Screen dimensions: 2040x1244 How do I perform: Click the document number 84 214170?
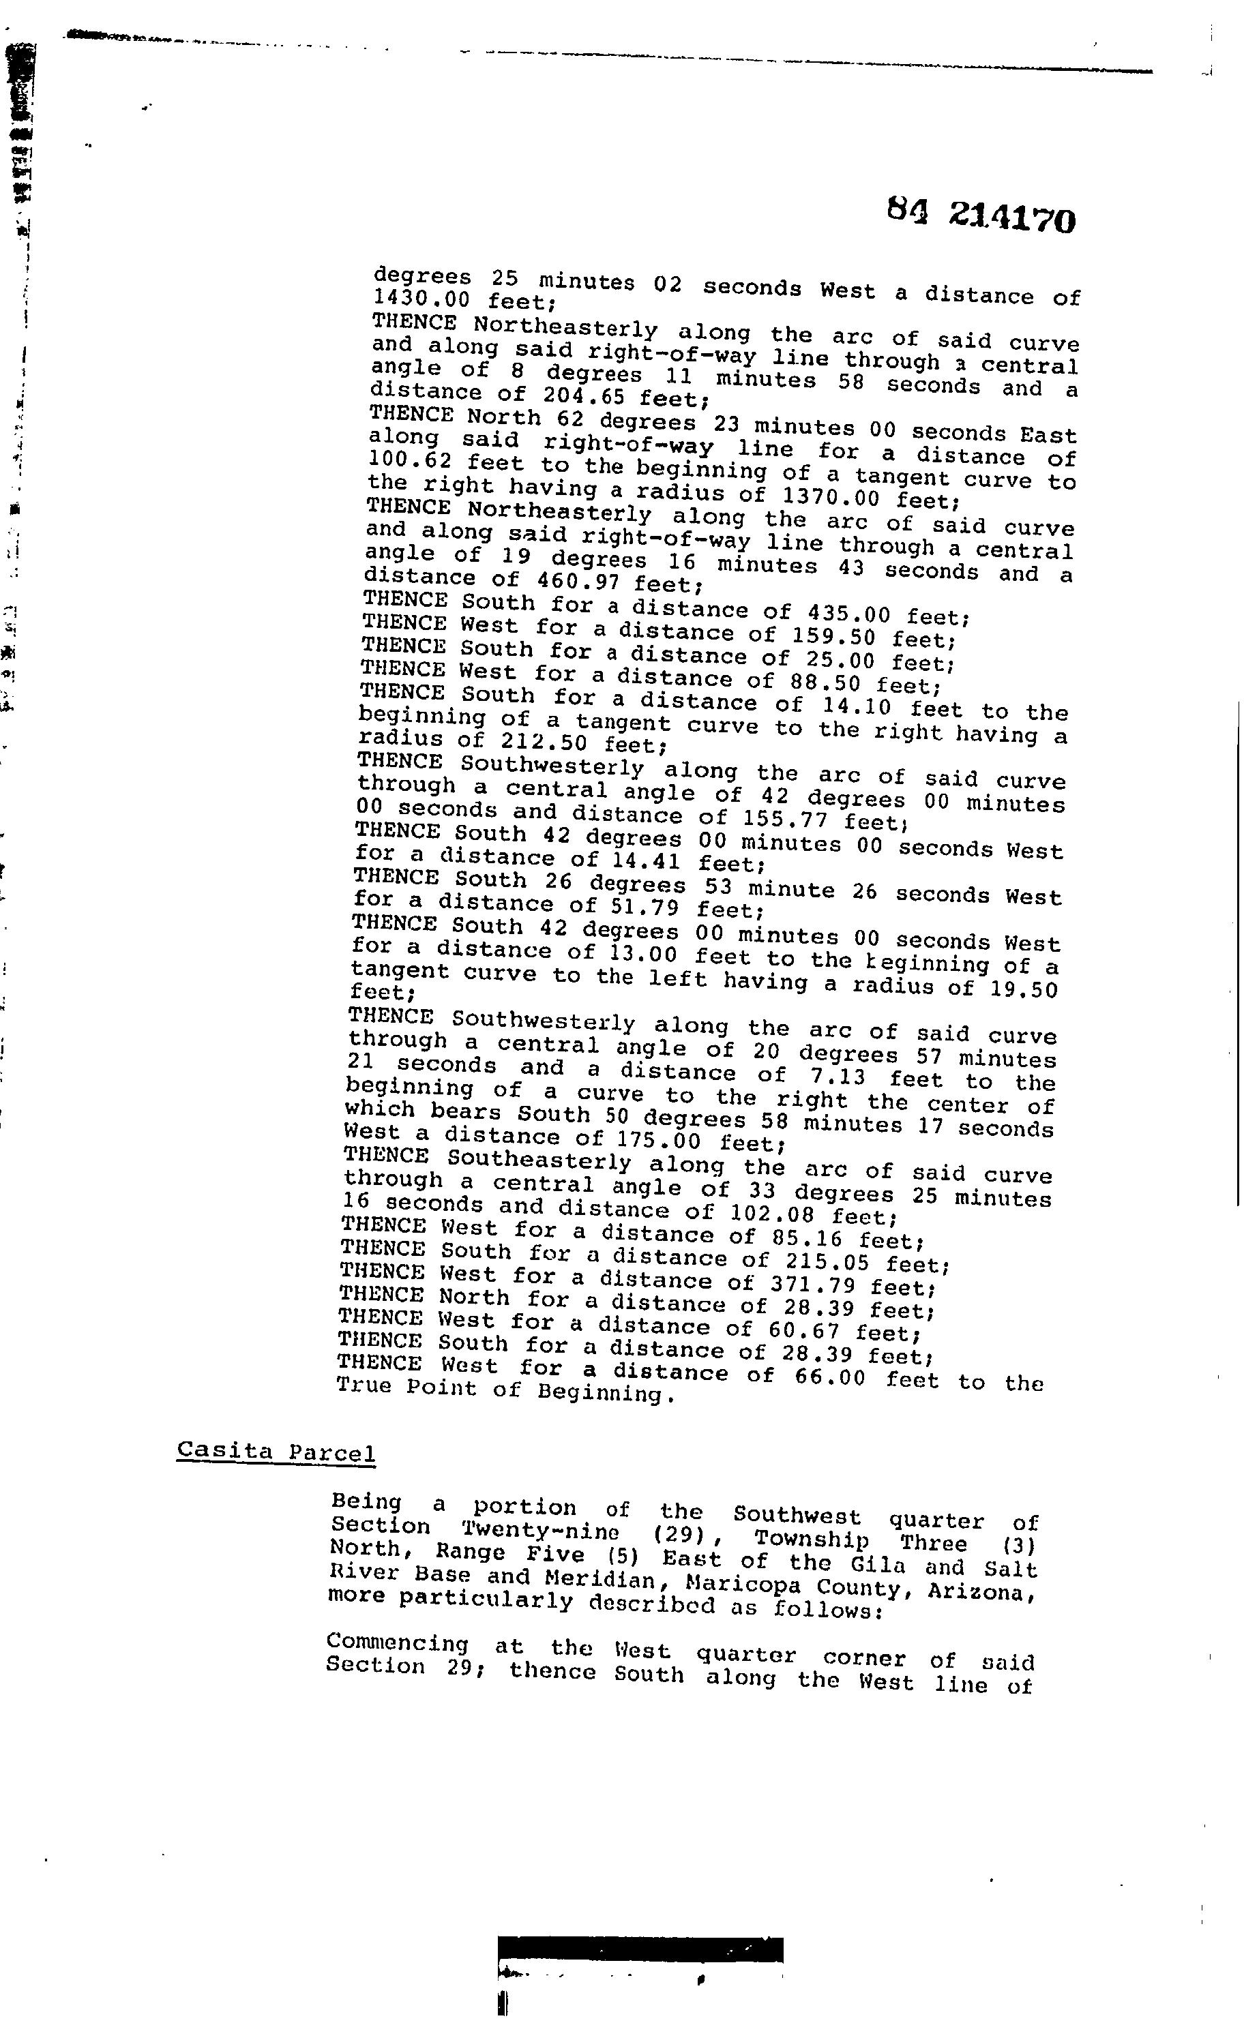pos(981,216)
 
